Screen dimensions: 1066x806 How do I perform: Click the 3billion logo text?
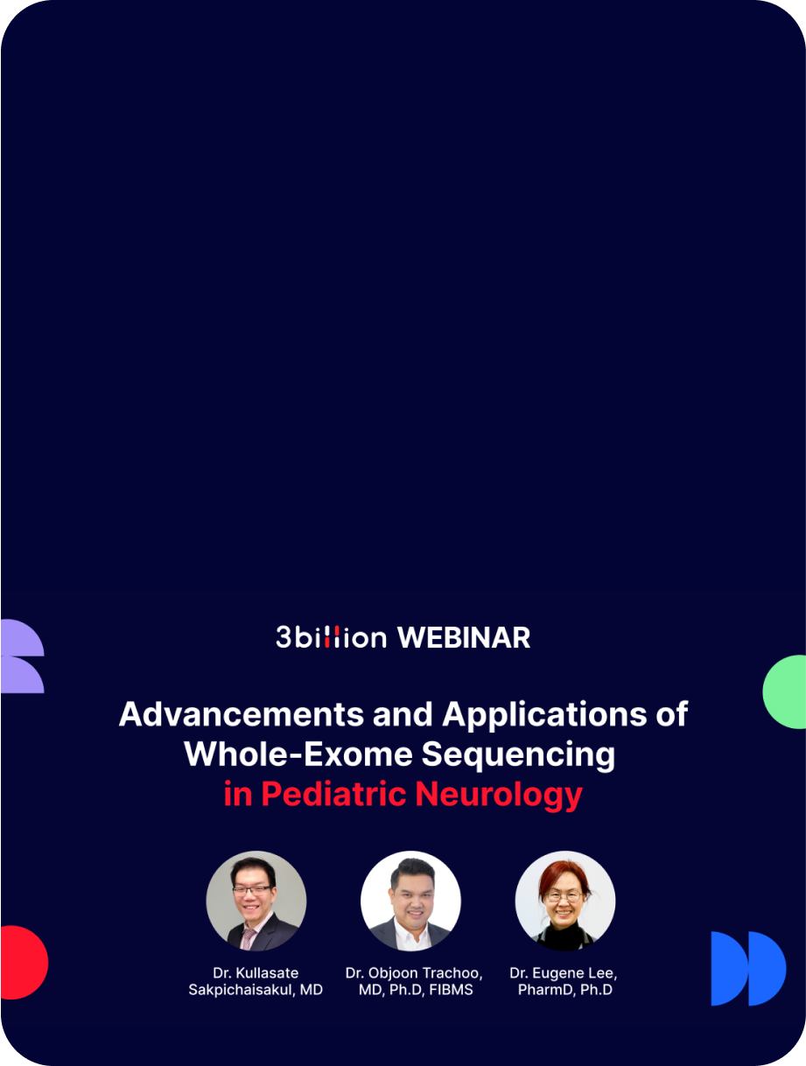[x=331, y=637]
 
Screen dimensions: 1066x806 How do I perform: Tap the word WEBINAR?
[x=464, y=637]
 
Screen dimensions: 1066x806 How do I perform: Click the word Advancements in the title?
[x=242, y=714]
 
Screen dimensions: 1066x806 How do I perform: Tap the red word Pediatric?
[x=334, y=794]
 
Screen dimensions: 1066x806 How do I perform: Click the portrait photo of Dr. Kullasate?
[x=256, y=901]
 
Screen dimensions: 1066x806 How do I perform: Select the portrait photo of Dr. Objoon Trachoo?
[x=410, y=901]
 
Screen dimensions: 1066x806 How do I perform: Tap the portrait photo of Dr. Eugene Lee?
[x=565, y=901]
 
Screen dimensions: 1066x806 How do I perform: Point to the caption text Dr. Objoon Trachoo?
[x=414, y=973]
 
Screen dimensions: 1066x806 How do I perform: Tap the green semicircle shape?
[x=786, y=691]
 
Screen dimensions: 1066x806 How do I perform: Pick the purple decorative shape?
[x=21, y=656]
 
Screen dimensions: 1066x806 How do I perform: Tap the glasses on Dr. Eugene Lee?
[x=564, y=896]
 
